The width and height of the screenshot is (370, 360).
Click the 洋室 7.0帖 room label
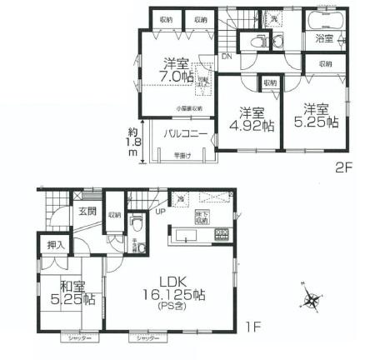[176, 69]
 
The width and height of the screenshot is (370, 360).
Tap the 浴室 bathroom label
[322, 38]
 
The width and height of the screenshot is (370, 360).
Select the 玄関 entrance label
[87, 212]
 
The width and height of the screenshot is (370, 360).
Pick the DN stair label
[226, 57]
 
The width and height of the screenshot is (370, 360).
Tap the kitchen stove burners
[223, 234]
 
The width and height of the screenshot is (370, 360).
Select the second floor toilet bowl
[259, 42]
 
